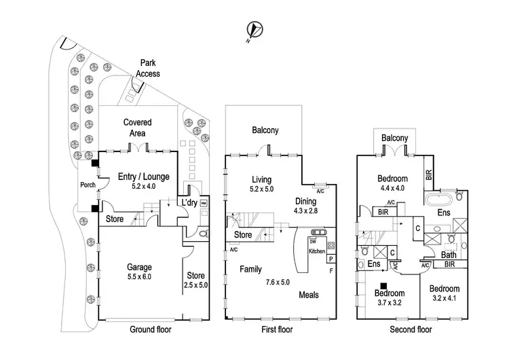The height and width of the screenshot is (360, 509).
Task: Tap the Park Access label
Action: point(147,68)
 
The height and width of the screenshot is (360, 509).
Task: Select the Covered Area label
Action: point(137,128)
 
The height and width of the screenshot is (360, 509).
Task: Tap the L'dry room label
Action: point(188,203)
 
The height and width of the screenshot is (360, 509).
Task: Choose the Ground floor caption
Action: point(151,330)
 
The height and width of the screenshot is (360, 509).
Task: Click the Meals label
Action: point(309,295)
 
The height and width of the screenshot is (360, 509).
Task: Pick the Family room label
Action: point(251,269)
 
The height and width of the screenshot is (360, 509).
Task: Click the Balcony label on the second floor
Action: point(394,139)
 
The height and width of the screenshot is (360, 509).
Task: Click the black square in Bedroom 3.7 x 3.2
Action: point(384,286)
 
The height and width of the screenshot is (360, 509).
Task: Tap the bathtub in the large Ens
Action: point(442,200)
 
